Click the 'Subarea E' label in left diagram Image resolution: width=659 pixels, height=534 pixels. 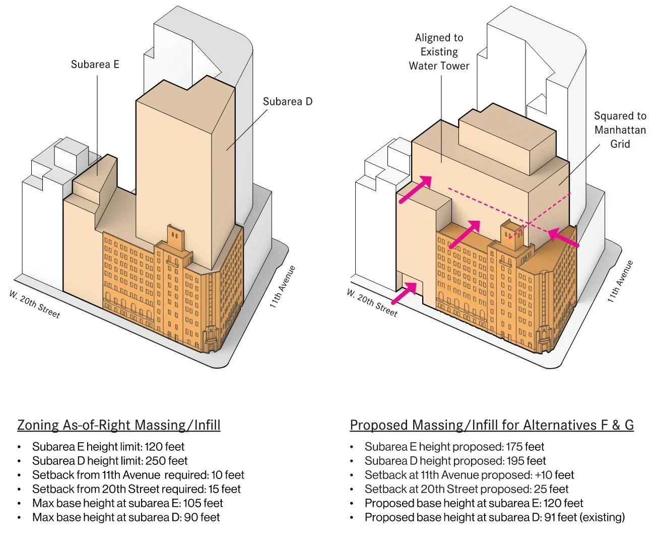(95, 65)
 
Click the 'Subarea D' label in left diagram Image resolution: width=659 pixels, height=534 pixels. (287, 101)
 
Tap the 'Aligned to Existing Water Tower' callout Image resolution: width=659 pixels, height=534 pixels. (439, 51)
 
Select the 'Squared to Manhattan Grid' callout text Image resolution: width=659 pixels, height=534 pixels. (620, 130)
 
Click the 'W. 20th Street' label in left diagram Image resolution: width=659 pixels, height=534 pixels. (34, 304)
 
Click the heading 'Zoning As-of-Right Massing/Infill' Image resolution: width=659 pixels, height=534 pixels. (119, 425)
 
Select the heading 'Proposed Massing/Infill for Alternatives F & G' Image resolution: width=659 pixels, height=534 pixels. (492, 425)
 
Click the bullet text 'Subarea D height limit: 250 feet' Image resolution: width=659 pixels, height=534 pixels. (110, 461)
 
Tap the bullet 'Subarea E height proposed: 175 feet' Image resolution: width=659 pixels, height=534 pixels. (454, 447)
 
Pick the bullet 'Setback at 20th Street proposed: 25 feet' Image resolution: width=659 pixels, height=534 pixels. (466, 489)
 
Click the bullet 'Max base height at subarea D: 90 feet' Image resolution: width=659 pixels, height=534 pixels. (126, 517)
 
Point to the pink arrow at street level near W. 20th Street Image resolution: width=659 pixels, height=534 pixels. (404, 293)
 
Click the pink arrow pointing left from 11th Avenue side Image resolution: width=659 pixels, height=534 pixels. (563, 237)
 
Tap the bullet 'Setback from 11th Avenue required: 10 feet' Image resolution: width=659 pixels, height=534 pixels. (138, 475)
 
